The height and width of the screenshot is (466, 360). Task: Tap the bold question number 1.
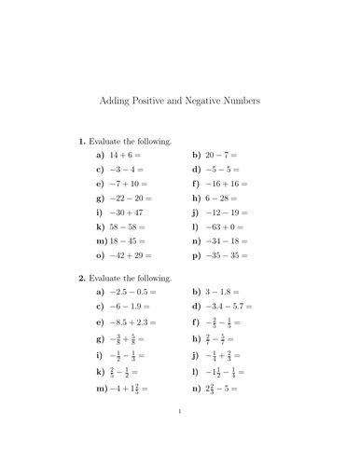click(x=82, y=142)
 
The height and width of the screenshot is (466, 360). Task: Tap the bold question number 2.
click(x=82, y=278)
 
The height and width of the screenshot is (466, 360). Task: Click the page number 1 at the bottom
click(x=180, y=434)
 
